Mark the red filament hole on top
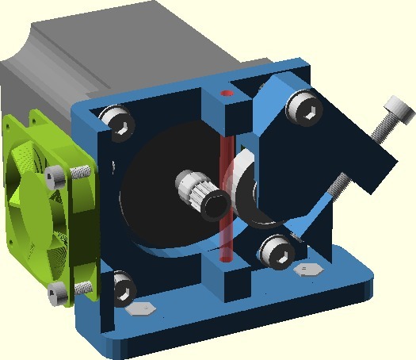(x=228, y=94)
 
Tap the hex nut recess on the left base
(x=142, y=308)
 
